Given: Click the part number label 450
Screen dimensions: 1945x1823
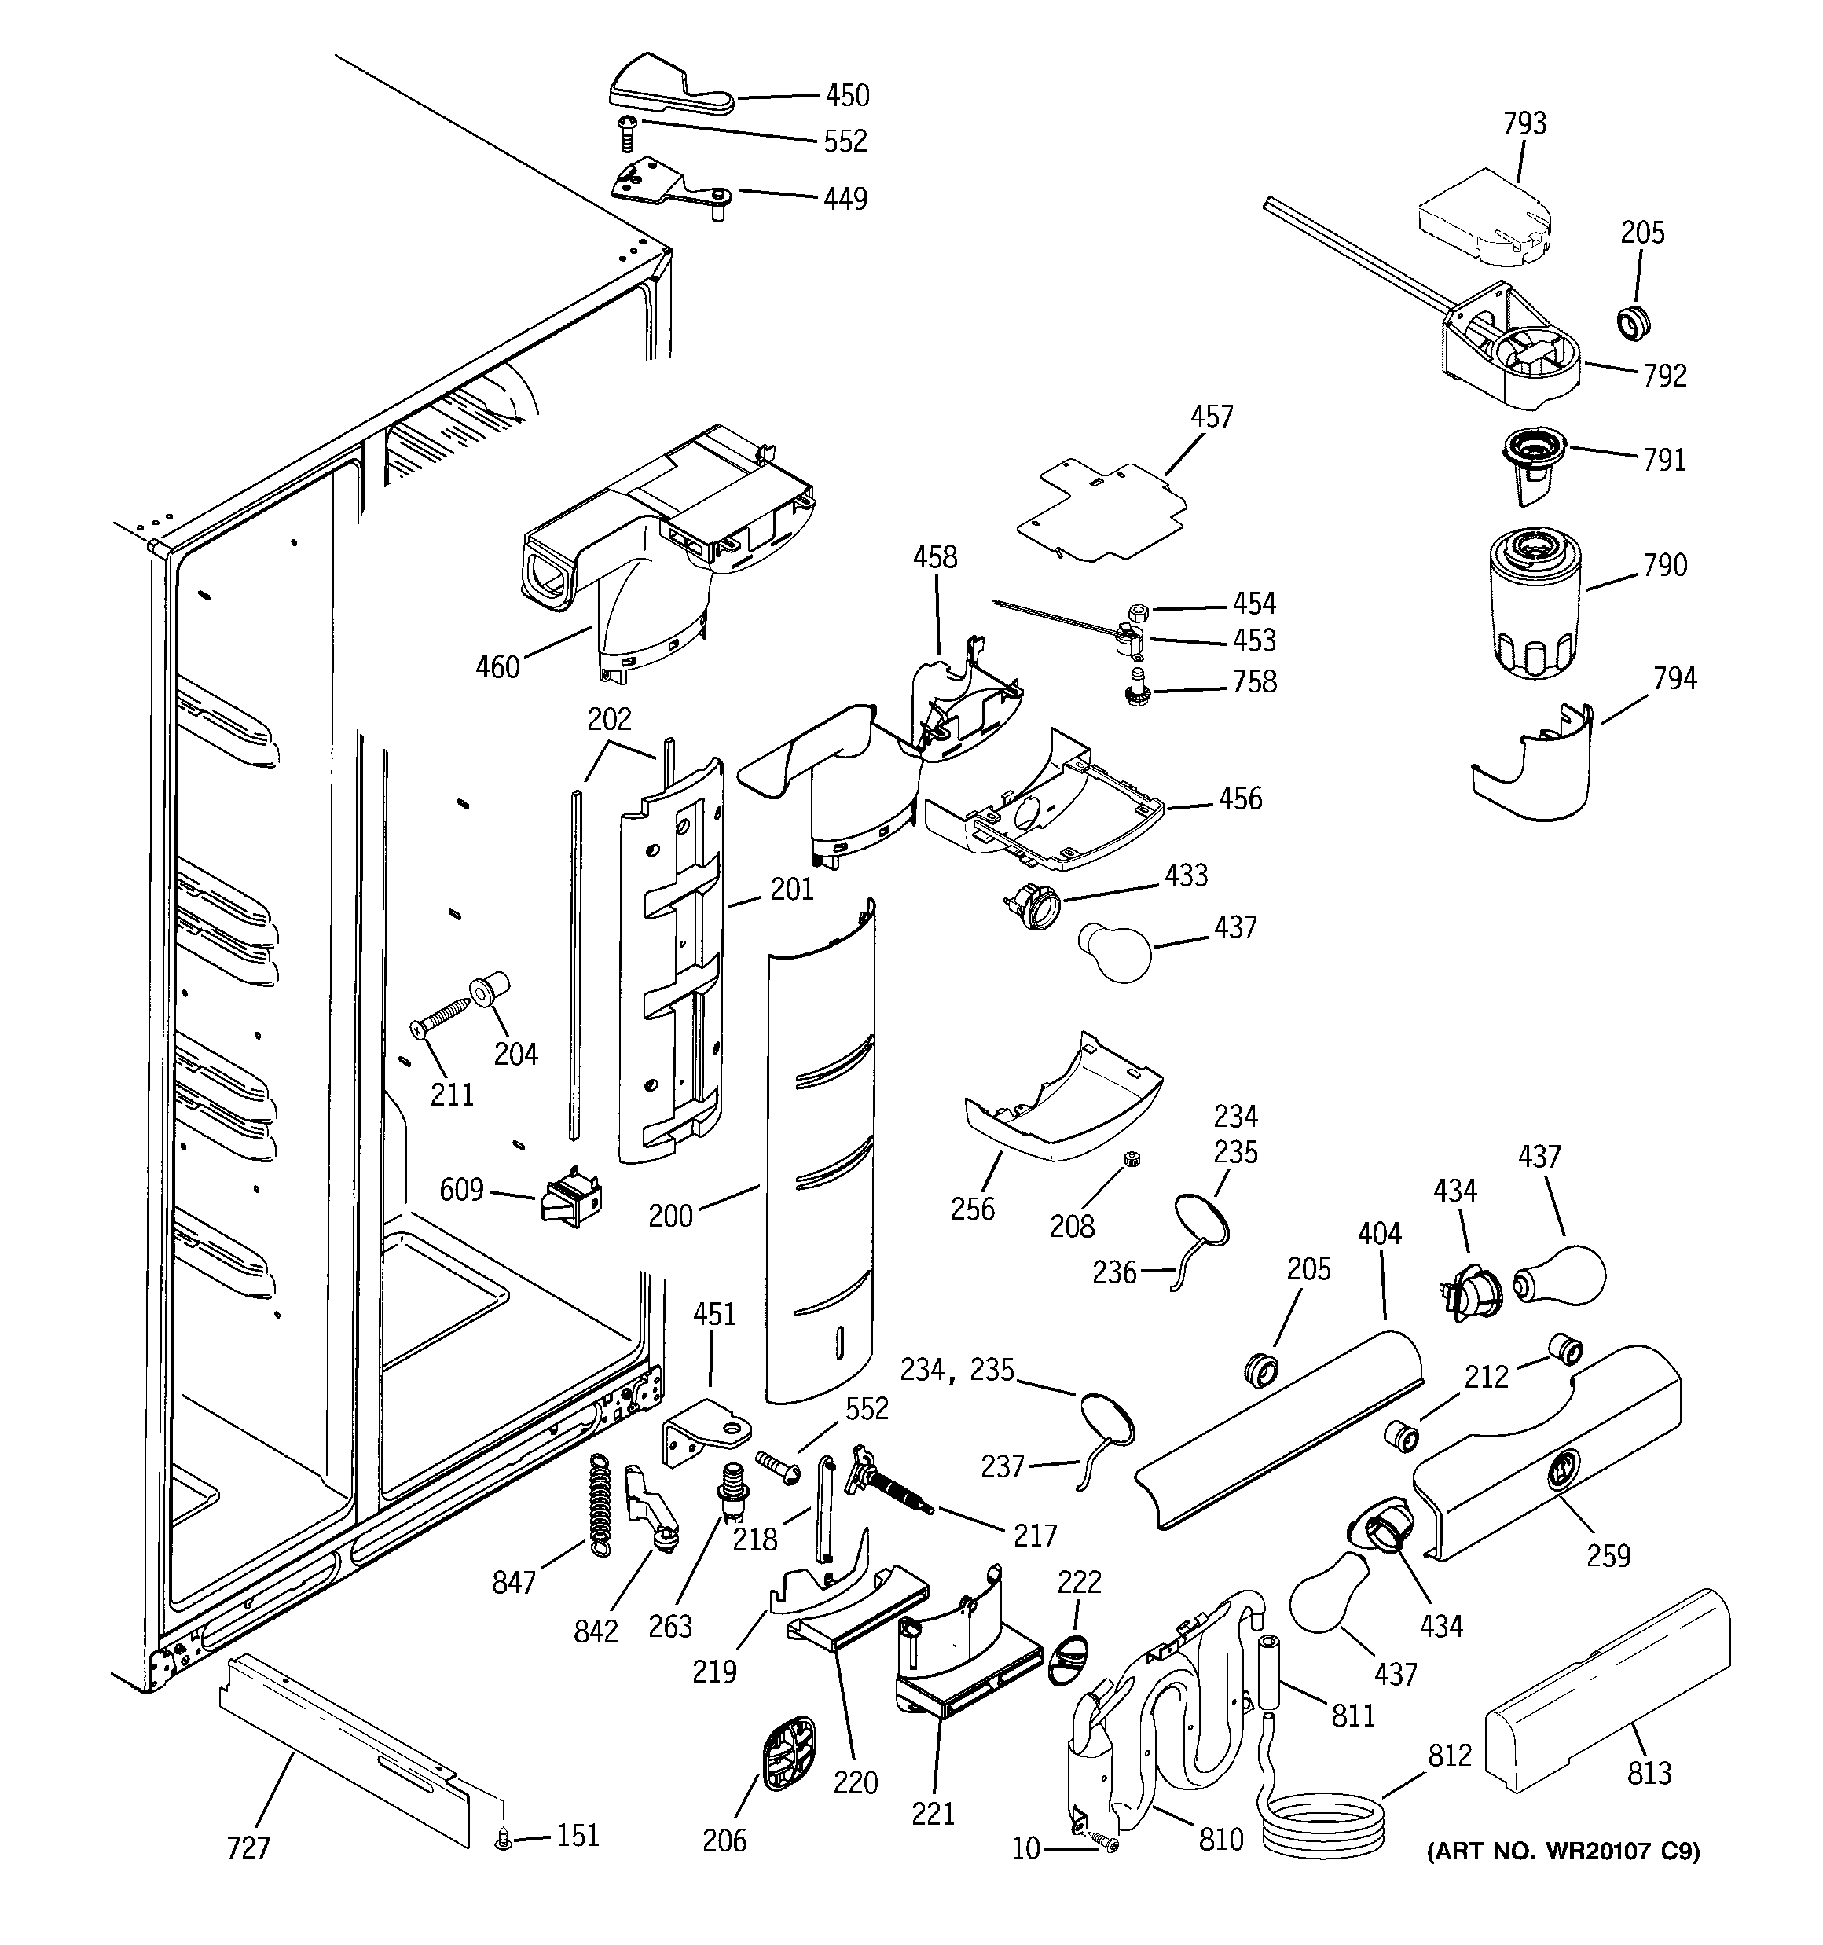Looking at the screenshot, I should [x=846, y=95].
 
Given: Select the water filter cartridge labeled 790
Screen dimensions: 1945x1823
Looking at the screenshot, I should [x=1533, y=607].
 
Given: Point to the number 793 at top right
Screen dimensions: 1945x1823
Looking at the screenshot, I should [x=1524, y=123].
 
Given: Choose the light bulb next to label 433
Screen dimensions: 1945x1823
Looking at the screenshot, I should [x=1116, y=950].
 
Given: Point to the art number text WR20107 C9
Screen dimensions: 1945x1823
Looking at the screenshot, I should [x=1563, y=1851].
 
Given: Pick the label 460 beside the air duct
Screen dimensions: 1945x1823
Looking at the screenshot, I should [x=497, y=667].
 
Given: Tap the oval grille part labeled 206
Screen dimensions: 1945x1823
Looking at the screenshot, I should [x=787, y=1755].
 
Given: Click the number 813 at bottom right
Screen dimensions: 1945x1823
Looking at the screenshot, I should [x=1649, y=1772].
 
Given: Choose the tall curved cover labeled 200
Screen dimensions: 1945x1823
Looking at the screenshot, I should [x=820, y=1154].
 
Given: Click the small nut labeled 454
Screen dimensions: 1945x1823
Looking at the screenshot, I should [x=1137, y=611].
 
